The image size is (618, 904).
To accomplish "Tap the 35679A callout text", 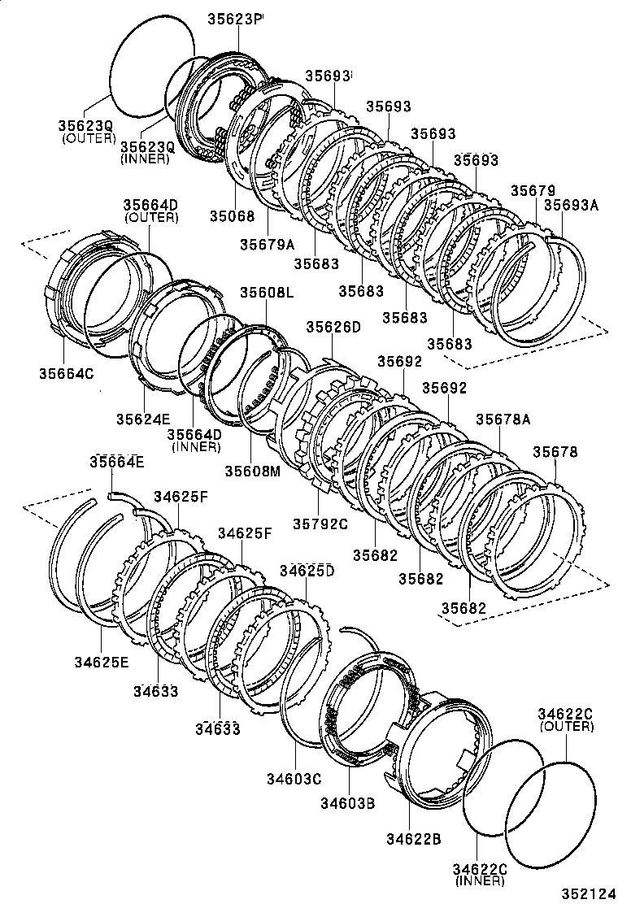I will (268, 243).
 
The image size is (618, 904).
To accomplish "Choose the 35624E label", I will (142, 419).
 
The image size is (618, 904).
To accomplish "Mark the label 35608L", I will (267, 292).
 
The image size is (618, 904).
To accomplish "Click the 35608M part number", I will (252, 470).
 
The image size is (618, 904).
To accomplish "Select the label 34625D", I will (307, 571).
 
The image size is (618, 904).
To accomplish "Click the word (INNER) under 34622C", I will (480, 880).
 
